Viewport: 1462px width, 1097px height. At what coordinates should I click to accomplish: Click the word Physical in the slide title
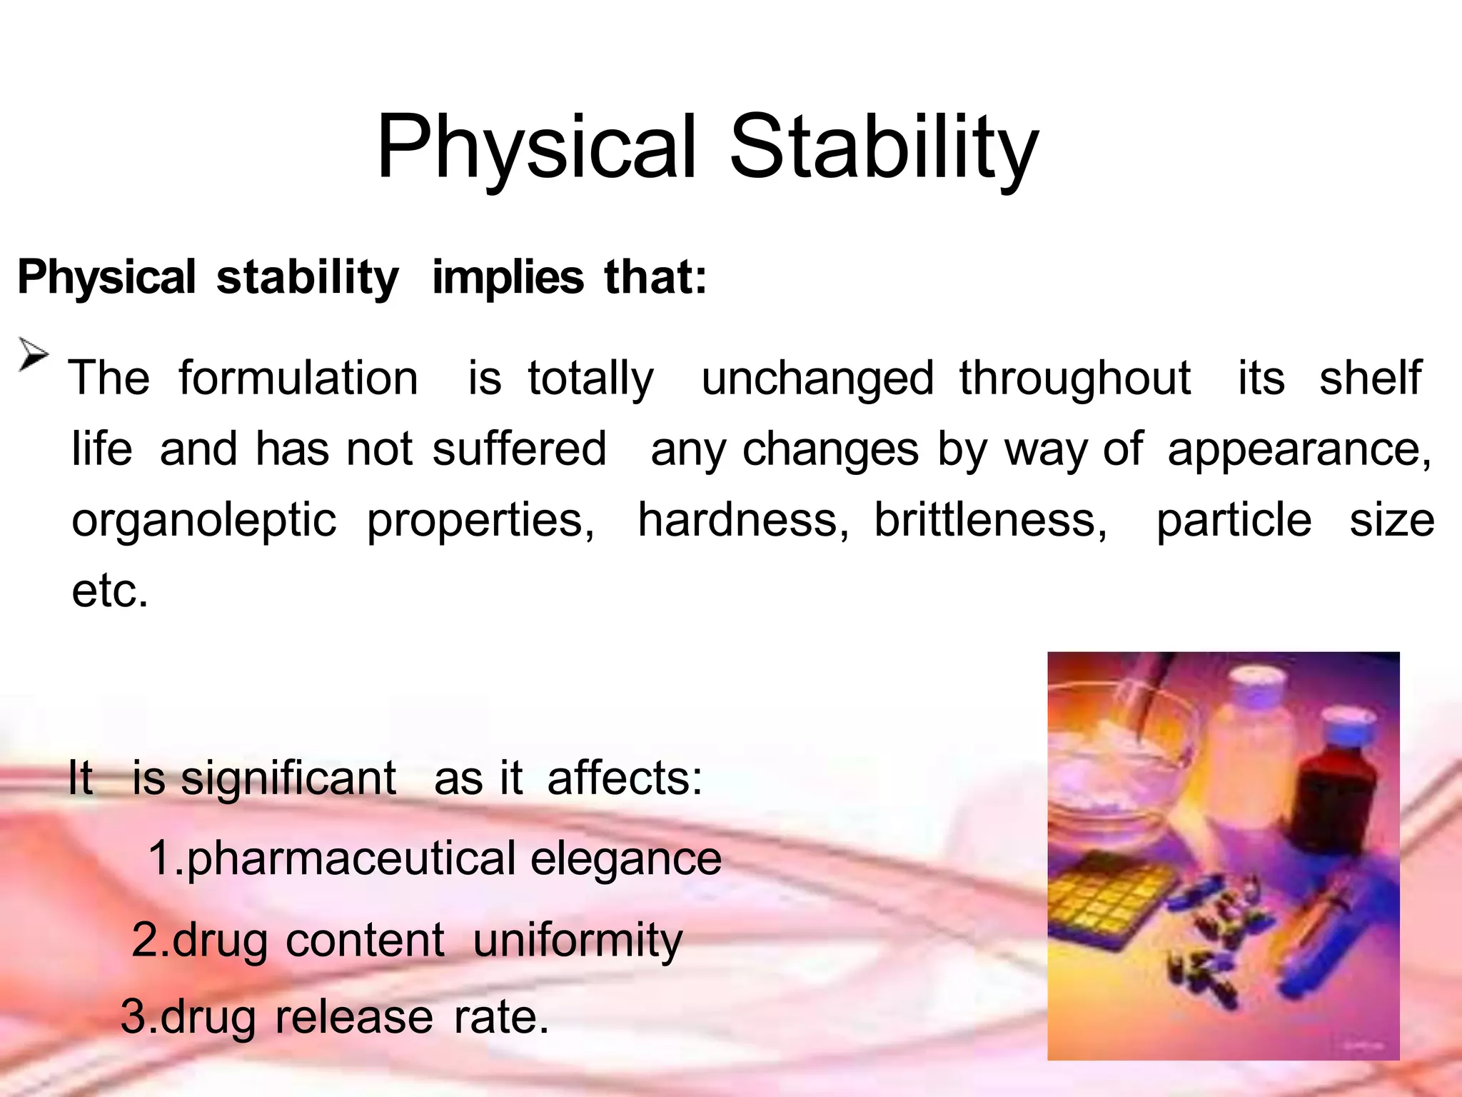(535, 148)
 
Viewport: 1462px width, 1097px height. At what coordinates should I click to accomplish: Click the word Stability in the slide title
(883, 148)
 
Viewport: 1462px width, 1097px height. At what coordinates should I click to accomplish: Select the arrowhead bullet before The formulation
(33, 354)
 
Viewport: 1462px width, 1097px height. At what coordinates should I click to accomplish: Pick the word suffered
(519, 449)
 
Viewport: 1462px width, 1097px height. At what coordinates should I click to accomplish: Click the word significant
(288, 778)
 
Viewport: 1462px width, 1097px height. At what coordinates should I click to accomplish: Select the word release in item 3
(353, 1016)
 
